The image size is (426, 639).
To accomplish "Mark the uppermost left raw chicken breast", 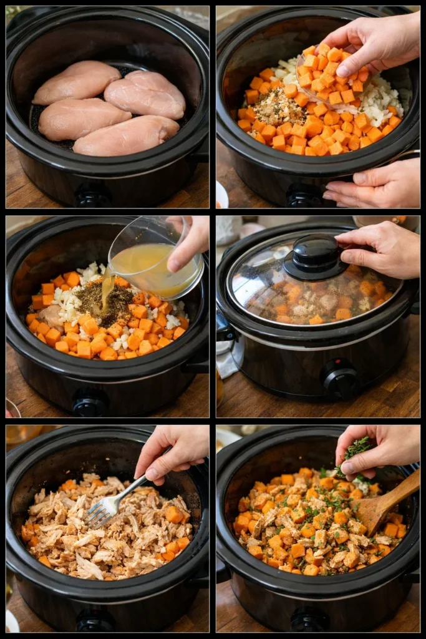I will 76,82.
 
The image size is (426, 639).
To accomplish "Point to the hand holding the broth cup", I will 190,240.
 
